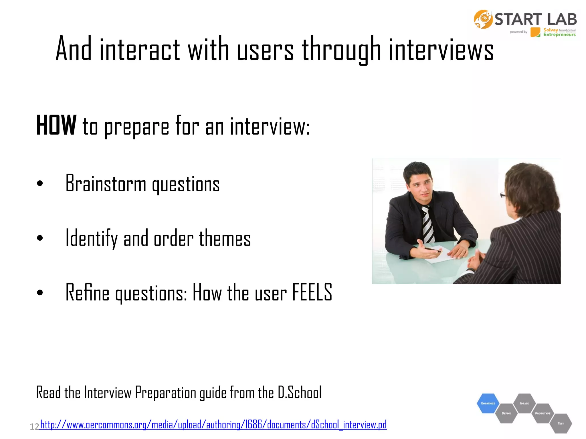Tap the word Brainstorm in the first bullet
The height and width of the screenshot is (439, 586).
[106, 184]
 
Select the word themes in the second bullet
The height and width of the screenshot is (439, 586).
[225, 238]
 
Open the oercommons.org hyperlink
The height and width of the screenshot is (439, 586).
[213, 425]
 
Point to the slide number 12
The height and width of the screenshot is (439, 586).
[34, 427]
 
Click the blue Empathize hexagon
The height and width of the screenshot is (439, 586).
[488, 403]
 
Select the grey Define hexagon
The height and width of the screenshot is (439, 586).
[506, 413]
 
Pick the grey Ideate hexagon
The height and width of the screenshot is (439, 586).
[524, 403]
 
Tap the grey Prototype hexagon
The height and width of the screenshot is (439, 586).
[543, 413]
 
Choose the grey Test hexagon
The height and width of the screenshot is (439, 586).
[561, 423]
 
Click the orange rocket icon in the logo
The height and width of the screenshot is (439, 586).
[483, 19]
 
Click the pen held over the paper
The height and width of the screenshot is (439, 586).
[433, 250]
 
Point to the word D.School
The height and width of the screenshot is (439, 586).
[300, 392]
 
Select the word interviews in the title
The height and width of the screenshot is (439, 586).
[441, 49]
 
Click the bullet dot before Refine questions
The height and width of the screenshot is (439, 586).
[40, 292]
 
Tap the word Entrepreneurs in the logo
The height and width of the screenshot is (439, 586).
[559, 35]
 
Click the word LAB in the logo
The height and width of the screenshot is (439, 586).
[562, 19]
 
